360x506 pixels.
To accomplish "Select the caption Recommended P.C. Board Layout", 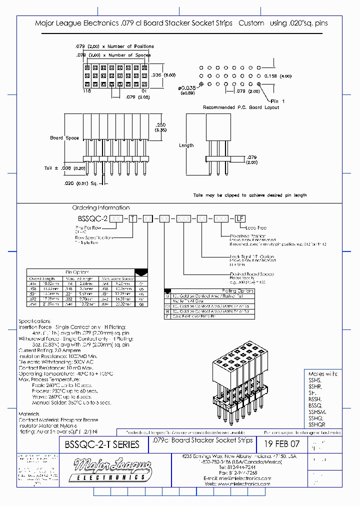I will point(241,107).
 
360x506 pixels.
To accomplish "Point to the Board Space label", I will point(64,138).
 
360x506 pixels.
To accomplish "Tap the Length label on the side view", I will point(186,145).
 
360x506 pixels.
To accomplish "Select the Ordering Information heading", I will point(100,207).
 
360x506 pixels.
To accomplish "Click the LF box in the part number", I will point(240,218).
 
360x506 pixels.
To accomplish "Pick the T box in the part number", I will point(132,218).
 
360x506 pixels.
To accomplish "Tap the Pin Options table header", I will point(77,272).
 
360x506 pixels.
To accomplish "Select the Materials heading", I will point(29,413).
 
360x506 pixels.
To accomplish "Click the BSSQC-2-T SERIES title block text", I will point(102,444).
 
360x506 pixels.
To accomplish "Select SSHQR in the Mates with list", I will point(317,424).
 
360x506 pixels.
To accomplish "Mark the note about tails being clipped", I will point(250,195).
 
